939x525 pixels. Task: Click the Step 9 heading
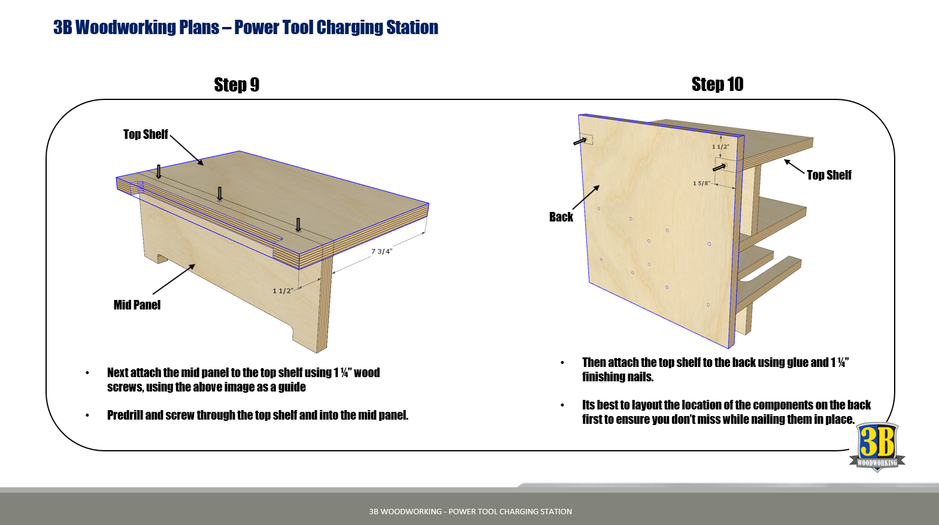(237, 85)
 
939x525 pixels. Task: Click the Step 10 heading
(717, 84)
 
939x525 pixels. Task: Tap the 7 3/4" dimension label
(381, 251)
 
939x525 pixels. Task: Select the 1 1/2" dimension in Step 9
(282, 291)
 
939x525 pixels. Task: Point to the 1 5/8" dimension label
(701, 183)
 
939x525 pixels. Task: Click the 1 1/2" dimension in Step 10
(720, 147)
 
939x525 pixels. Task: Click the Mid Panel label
(137, 305)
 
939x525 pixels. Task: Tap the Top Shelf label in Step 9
(146, 134)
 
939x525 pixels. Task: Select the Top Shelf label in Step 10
(829, 175)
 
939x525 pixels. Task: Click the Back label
(561, 217)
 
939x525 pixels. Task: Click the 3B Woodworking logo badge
(877, 447)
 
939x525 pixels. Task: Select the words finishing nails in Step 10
(617, 377)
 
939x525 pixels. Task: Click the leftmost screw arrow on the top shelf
(159, 172)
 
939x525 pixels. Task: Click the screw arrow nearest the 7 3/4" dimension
(298, 225)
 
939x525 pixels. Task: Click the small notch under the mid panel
(162, 259)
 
